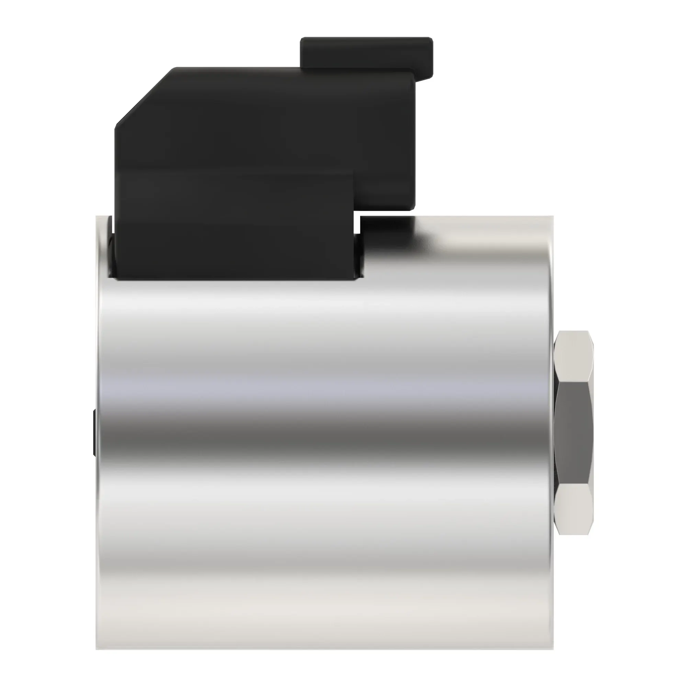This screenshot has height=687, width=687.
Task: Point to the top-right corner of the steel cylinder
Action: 553,216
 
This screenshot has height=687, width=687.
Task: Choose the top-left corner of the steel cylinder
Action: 97,216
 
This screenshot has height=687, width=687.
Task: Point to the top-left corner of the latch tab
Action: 301,38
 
